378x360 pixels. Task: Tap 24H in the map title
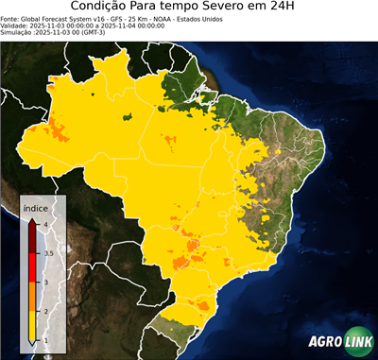pos(291,8)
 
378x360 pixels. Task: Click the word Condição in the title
pos(109,8)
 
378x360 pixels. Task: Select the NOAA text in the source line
pos(165,18)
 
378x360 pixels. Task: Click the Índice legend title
pos(37,208)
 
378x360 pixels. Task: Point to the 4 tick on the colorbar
pos(46,224)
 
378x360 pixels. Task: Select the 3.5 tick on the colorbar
pos(48,253)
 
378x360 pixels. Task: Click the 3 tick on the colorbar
pos(46,282)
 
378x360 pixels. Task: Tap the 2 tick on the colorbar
pos(46,311)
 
